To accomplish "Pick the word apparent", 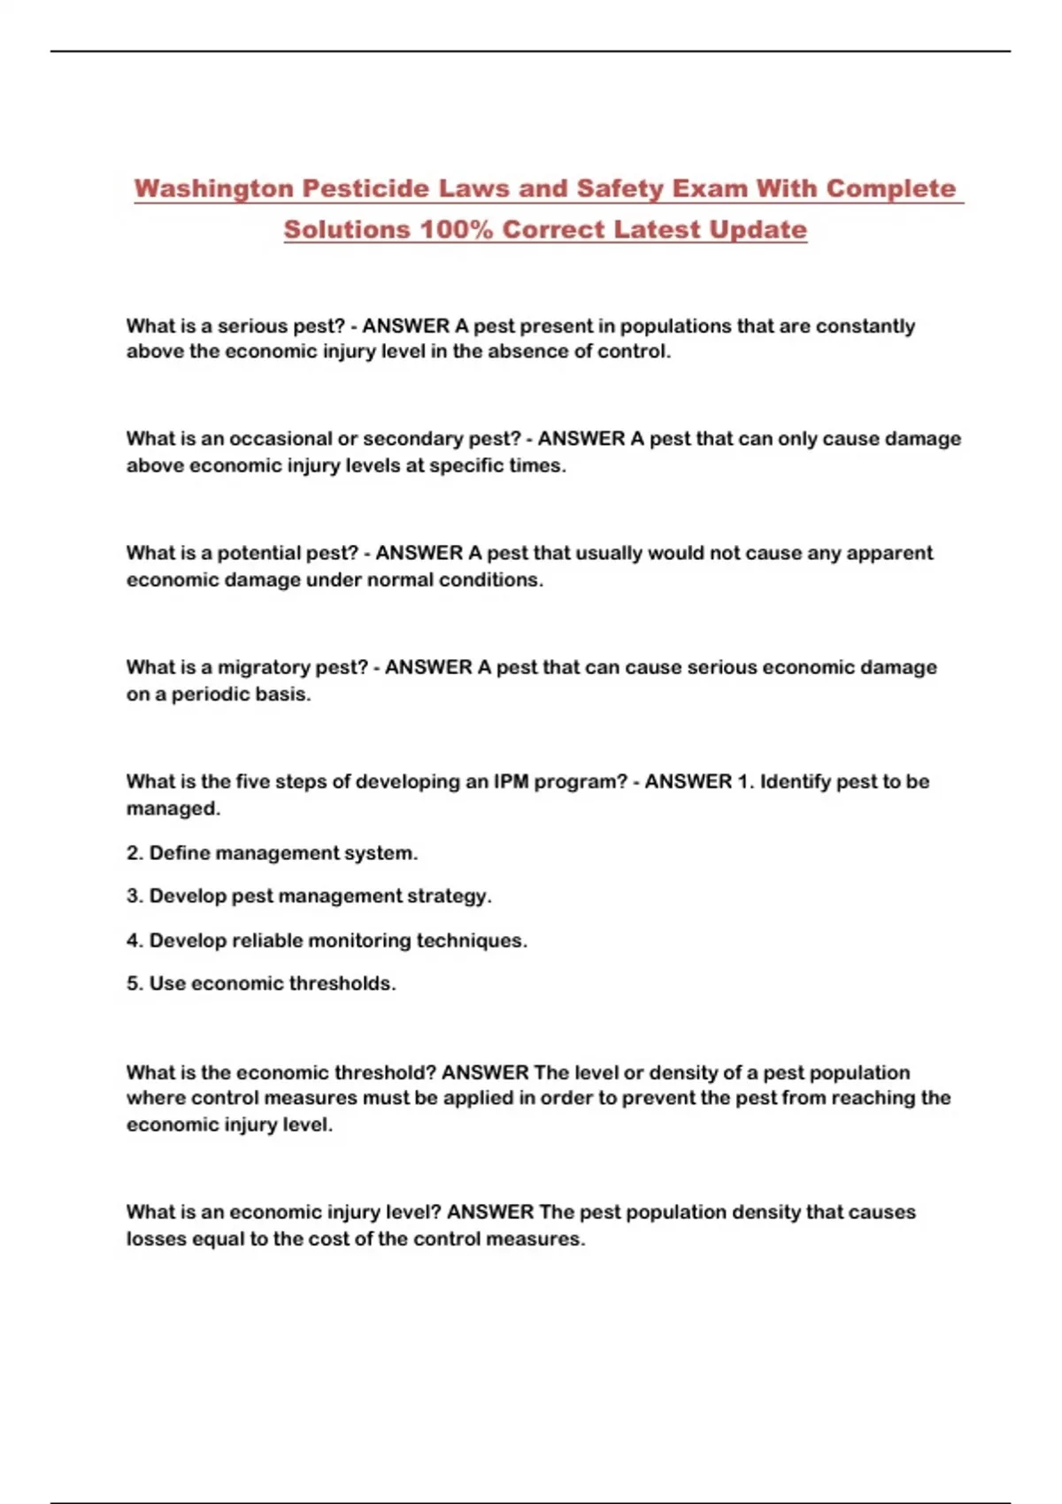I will (x=889, y=553).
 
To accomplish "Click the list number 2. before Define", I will (x=135, y=853).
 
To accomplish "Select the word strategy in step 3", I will (x=448, y=896).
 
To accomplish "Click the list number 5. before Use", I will (x=135, y=984).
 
